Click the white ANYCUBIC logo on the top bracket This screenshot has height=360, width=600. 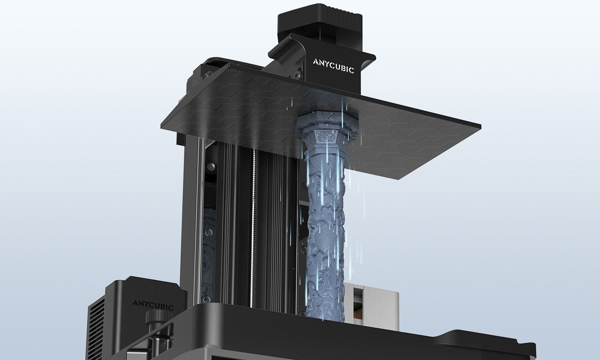[x=333, y=66]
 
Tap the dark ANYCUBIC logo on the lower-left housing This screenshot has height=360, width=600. [x=153, y=305]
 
